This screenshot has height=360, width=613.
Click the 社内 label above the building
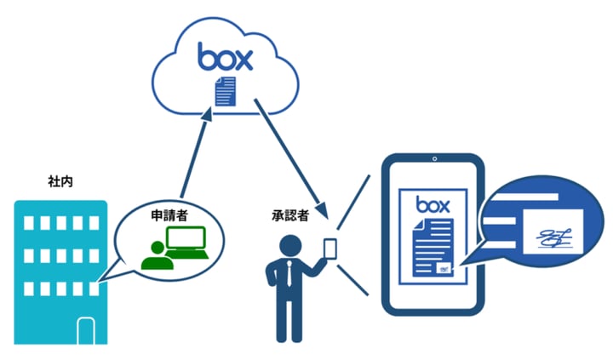[x=60, y=181]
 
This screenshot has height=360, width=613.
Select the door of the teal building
[x=85, y=329]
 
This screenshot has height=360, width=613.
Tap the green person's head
[x=155, y=247]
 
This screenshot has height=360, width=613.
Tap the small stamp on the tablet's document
[x=444, y=267]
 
